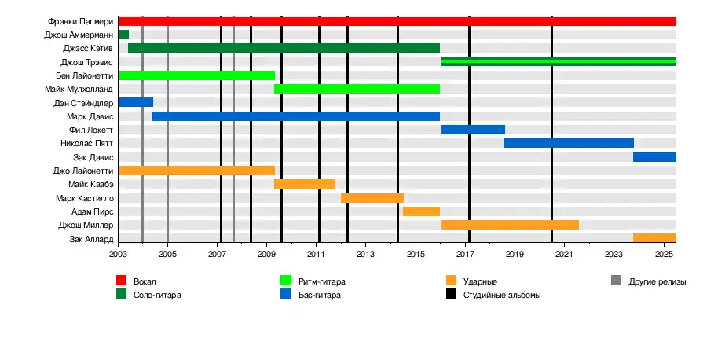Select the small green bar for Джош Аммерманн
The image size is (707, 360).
pyautogui.click(x=123, y=35)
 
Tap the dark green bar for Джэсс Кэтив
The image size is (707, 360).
pyautogui.click(x=284, y=48)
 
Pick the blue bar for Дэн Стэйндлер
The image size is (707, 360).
pyautogui.click(x=135, y=102)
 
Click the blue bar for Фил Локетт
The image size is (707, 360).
pyautogui.click(x=473, y=130)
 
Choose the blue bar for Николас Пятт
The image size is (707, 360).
pyautogui.click(x=569, y=143)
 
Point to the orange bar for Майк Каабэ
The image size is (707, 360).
pyautogui.click(x=305, y=184)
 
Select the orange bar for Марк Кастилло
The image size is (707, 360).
pyautogui.click(x=372, y=198)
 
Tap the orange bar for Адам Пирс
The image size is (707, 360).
pyautogui.click(x=421, y=211)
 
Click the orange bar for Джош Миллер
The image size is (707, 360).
pyautogui.click(x=510, y=225)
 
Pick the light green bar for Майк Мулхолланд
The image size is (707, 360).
pyautogui.click(x=357, y=89)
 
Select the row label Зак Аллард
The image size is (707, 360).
pyautogui.click(x=92, y=239)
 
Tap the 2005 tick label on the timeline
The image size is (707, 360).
pyautogui.click(x=167, y=255)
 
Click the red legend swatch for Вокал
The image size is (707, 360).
pyautogui.click(x=122, y=281)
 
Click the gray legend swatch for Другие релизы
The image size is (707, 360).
pyautogui.click(x=617, y=281)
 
